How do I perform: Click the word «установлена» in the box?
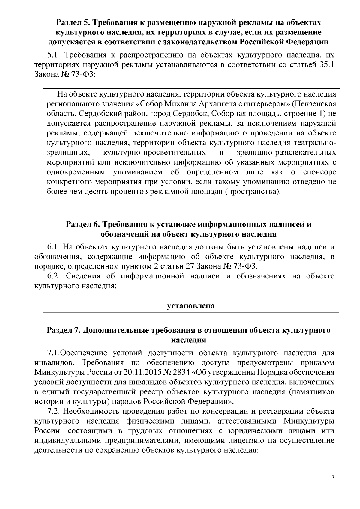[191, 306]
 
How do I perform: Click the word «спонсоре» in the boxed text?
[319, 172]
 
